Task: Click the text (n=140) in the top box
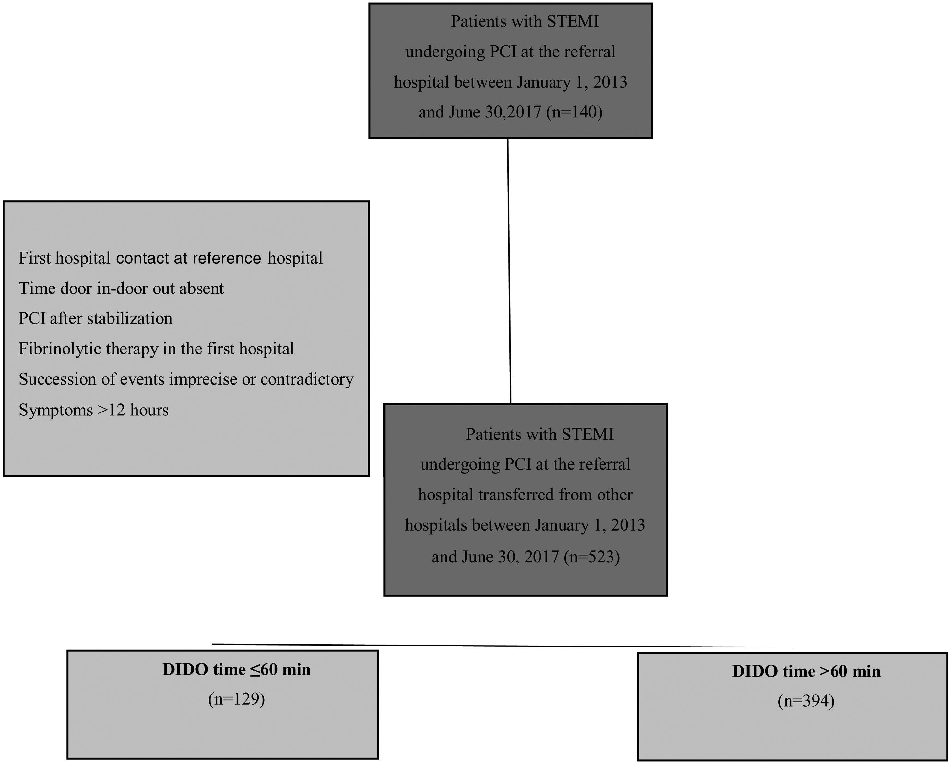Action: [x=574, y=112]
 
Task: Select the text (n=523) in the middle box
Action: [x=591, y=557]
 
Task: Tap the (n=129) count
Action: [x=237, y=699]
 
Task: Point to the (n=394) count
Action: [x=806, y=701]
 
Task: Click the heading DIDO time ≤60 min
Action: [x=237, y=670]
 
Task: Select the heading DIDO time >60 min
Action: [x=806, y=671]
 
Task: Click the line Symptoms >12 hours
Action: [x=93, y=410]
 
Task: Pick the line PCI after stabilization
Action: [x=95, y=318]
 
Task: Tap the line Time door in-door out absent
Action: [x=121, y=289]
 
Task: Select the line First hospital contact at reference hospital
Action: [x=171, y=258]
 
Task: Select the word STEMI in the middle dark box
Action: [x=588, y=435]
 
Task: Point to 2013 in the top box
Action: [x=610, y=82]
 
